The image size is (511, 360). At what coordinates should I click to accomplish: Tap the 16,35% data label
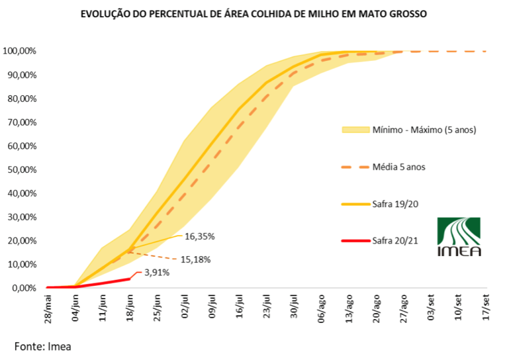tap(200, 236)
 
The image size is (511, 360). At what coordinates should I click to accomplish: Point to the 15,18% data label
tap(197, 259)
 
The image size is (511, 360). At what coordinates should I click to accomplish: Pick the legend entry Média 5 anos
tap(398, 167)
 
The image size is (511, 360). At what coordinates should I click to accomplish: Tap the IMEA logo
tap(459, 236)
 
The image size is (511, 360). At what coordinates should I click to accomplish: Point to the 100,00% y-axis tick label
tap(19, 51)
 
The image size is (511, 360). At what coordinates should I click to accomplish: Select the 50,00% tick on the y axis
tap(21, 170)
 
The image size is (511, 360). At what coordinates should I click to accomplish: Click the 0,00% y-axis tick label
tap(23, 289)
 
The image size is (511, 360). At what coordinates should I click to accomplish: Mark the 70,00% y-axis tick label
tap(21, 122)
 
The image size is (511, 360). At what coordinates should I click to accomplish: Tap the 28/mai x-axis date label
tap(48, 308)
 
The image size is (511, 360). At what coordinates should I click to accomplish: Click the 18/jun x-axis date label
tap(130, 308)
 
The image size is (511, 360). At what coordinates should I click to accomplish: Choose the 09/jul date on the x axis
tap(212, 308)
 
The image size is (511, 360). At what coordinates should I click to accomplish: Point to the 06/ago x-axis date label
tap(322, 308)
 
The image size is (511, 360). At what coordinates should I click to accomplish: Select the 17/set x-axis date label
tap(487, 308)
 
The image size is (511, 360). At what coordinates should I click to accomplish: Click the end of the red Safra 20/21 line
tap(129, 279)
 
